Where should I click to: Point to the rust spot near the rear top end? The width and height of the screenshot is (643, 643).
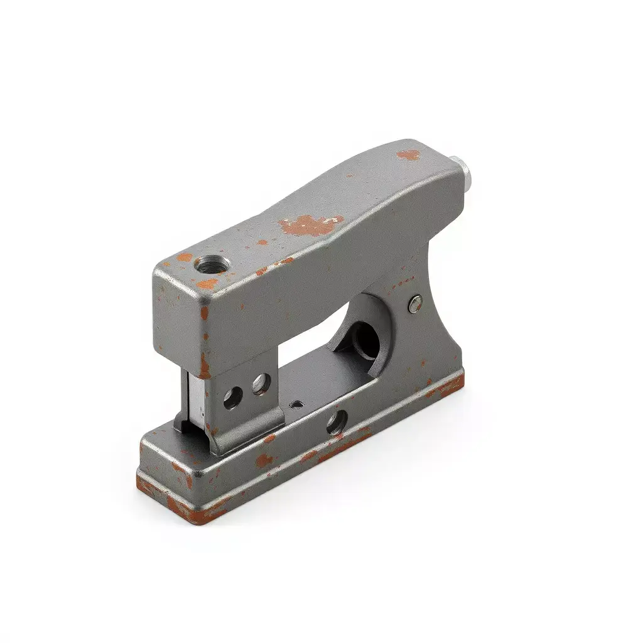[408, 154]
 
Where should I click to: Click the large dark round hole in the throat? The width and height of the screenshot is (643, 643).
[365, 340]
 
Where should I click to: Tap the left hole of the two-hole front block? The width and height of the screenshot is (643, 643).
[233, 396]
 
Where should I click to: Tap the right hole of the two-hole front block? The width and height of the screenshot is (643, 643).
[260, 384]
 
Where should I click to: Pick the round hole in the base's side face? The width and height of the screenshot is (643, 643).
[335, 423]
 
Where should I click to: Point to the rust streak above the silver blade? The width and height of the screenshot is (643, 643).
[205, 364]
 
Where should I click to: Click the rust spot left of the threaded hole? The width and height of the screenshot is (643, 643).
[184, 257]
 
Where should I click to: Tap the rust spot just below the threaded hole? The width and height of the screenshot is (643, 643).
[207, 284]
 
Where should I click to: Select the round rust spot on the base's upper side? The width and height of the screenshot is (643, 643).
[264, 460]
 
